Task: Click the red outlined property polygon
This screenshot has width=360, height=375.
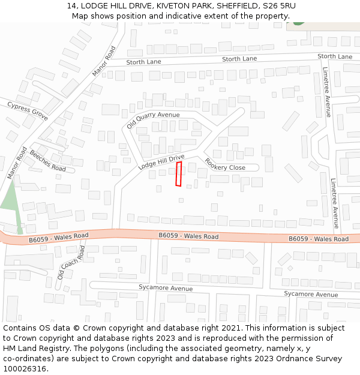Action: (x=178, y=173)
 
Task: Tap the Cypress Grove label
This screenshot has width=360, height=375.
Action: (x=27, y=111)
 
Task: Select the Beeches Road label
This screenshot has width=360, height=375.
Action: (x=47, y=160)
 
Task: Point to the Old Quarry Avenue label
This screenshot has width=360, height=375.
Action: (x=153, y=120)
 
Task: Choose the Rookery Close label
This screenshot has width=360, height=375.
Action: (x=225, y=164)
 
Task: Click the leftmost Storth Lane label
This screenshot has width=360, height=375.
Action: (x=144, y=62)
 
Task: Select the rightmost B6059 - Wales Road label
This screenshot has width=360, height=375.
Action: (x=318, y=239)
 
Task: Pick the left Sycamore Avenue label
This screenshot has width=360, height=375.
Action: (x=166, y=288)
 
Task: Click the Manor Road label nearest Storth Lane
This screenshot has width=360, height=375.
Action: (x=104, y=62)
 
